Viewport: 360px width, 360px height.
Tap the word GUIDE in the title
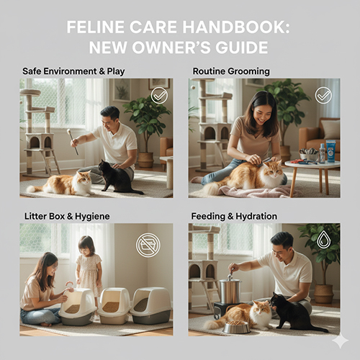point(241,48)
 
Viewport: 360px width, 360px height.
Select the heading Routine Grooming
point(231,71)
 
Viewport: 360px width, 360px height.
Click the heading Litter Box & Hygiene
point(67,216)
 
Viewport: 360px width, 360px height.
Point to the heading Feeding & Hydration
point(234,216)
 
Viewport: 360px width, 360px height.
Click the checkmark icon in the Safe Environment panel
point(159,96)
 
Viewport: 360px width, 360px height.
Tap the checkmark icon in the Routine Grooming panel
point(323,95)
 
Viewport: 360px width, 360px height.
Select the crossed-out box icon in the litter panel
point(148,244)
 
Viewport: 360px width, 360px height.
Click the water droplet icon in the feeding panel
point(321,239)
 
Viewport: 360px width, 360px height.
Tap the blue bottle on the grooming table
point(330,150)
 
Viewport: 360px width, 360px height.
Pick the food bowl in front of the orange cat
point(236,327)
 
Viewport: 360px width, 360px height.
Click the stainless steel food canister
point(230,291)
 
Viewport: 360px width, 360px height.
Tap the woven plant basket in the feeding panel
point(324,294)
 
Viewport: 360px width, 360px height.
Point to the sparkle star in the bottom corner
point(341,341)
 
